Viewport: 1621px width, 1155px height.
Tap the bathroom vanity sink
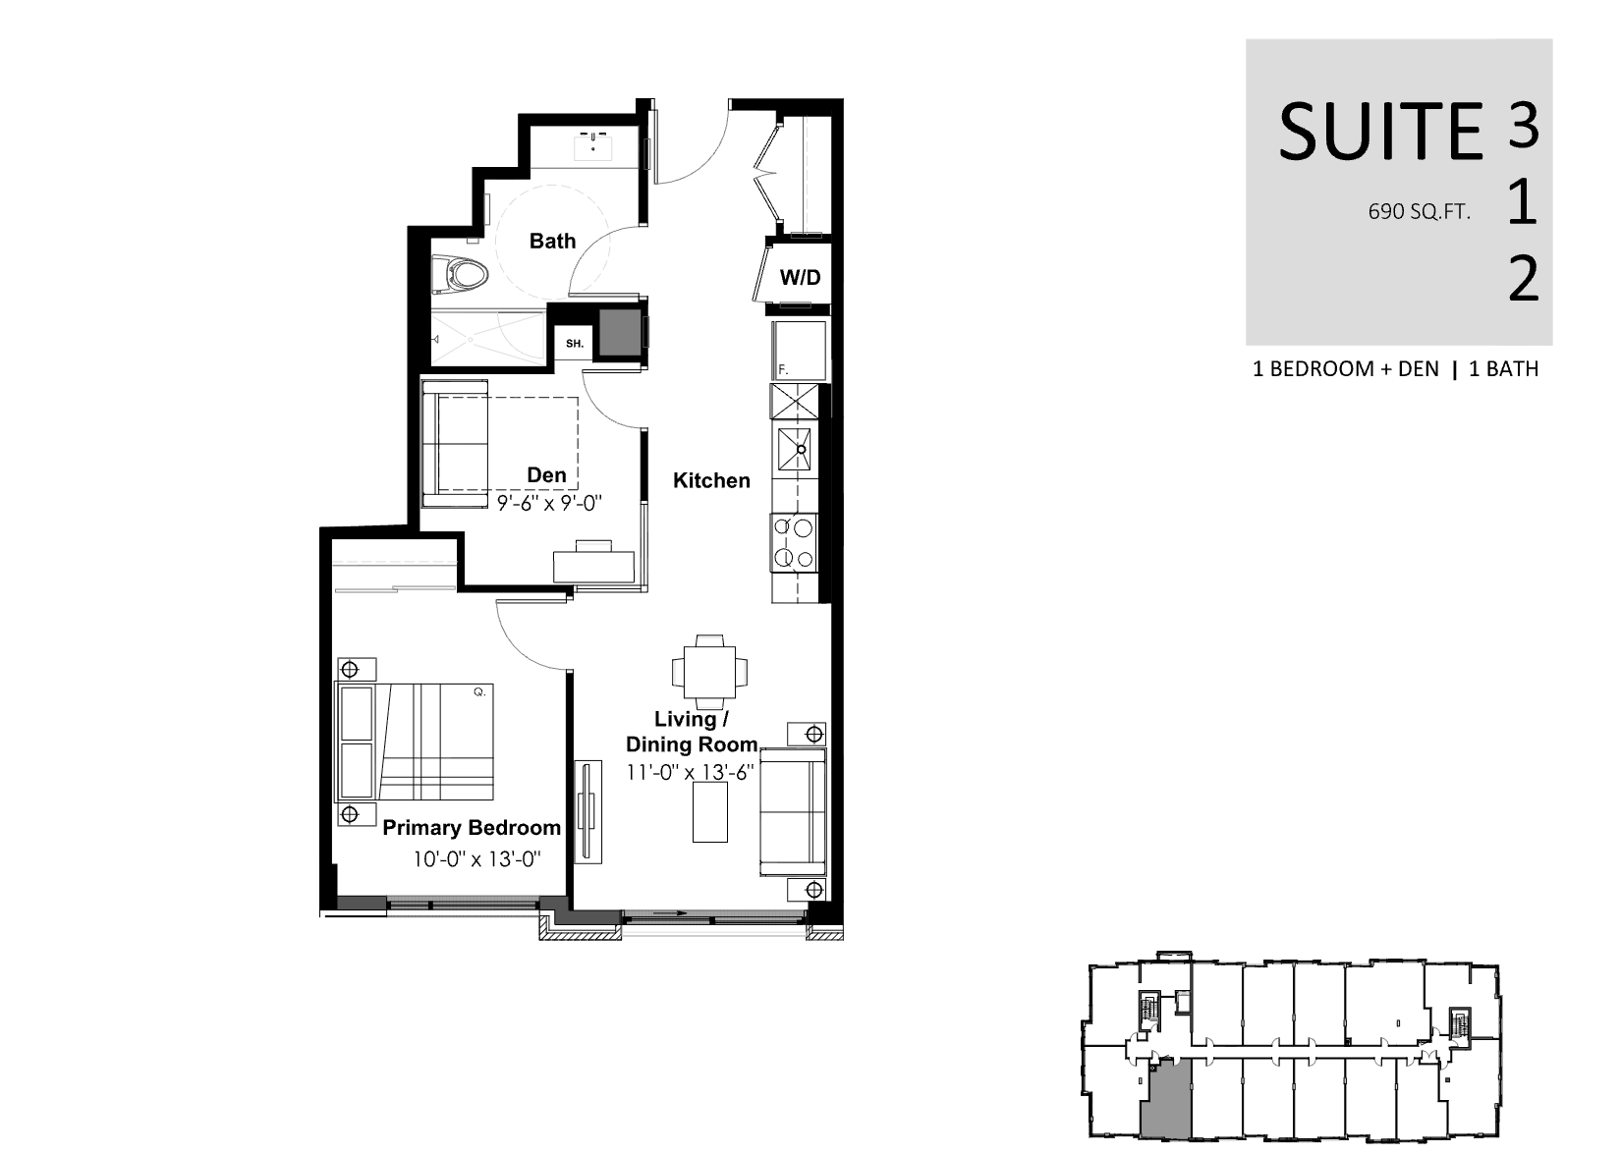point(593,147)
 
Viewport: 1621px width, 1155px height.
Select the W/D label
point(800,277)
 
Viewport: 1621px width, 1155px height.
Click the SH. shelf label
point(575,344)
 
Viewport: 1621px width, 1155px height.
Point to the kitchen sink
point(795,449)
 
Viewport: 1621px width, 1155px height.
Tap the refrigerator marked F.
point(799,351)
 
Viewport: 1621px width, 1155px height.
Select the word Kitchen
point(711,480)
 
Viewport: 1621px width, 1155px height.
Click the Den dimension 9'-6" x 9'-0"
point(549,503)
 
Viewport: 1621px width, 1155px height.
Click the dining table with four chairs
point(710,672)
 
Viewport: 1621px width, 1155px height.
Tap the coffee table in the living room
point(710,811)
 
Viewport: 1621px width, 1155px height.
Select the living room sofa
point(793,812)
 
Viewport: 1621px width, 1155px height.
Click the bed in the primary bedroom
point(414,742)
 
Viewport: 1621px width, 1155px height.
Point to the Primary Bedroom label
point(472,827)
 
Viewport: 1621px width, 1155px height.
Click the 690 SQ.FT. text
point(1419,212)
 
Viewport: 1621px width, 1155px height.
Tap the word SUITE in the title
point(1380,133)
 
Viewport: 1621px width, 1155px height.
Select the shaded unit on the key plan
point(1166,1099)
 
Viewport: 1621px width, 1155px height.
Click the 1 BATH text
point(1504,369)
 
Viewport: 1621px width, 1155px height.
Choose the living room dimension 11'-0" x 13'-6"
point(691,772)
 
